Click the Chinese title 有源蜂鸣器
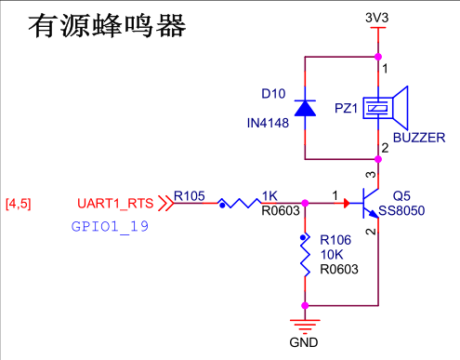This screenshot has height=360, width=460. pyautogui.click(x=109, y=25)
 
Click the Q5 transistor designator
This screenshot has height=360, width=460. pyautogui.click(x=401, y=196)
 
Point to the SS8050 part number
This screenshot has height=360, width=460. pyautogui.click(x=401, y=211)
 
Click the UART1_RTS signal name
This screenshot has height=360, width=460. pyautogui.click(x=115, y=203)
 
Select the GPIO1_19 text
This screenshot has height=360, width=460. pyautogui.click(x=110, y=226)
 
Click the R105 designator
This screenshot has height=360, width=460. pyautogui.click(x=189, y=195)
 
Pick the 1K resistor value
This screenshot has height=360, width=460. pyautogui.click(x=270, y=195)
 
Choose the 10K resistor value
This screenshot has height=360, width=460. pyautogui.click(x=331, y=254)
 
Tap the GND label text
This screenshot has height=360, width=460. pyautogui.click(x=304, y=342)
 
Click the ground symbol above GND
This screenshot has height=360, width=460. pyautogui.click(x=304, y=324)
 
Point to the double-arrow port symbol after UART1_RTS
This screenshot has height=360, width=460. pyautogui.click(x=165, y=203)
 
